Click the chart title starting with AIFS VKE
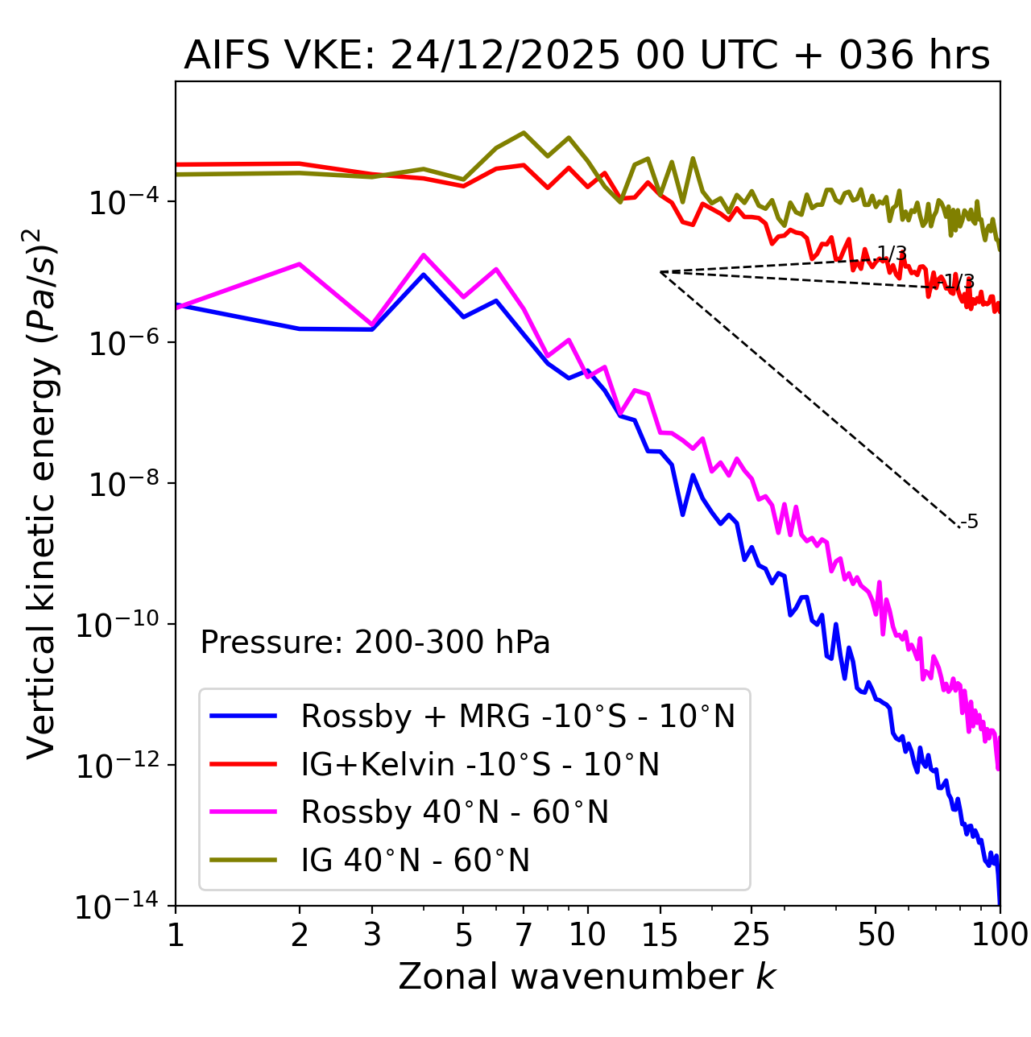point(586,56)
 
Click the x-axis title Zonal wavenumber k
point(586,977)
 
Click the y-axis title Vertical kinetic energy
point(42,493)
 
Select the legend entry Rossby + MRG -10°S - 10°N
point(517,716)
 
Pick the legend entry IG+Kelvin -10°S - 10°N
point(480,764)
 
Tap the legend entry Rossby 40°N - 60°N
point(454,812)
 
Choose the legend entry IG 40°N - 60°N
point(415,861)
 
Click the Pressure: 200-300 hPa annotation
point(375,642)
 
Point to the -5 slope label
point(970,522)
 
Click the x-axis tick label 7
point(524,935)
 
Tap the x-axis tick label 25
point(751,935)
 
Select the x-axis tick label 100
point(1000,935)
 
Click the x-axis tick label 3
point(372,935)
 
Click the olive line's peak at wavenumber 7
point(524,132)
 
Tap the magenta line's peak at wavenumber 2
point(300,264)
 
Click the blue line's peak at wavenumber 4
point(424,275)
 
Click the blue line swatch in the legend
point(243,716)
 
